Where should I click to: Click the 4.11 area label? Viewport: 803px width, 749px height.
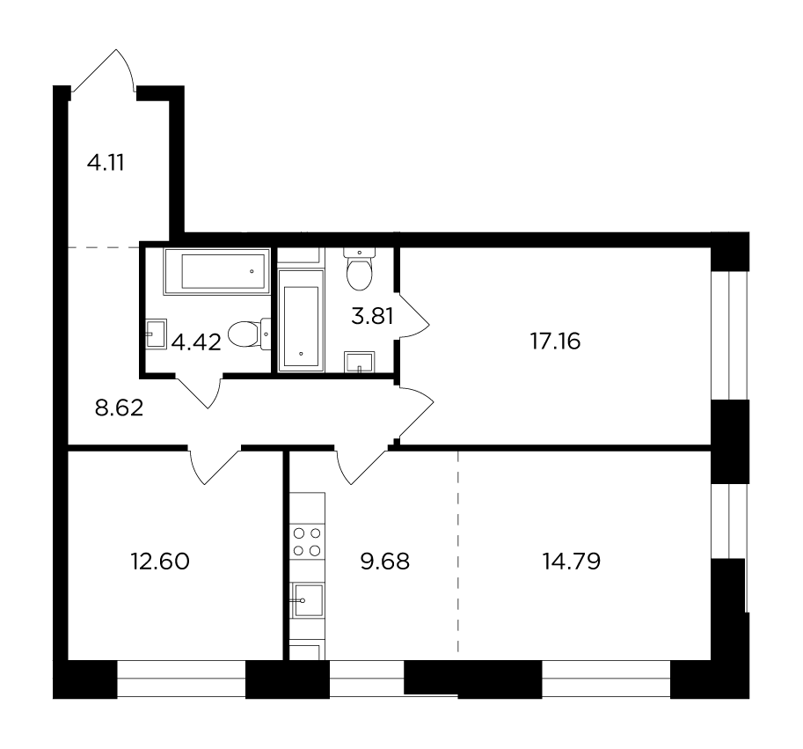click(x=106, y=163)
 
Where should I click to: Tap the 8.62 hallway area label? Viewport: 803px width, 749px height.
click(x=120, y=408)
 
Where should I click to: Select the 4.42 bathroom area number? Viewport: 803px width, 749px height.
click(x=196, y=342)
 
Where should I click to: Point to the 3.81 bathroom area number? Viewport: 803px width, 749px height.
click(x=372, y=316)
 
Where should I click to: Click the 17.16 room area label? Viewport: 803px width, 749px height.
click(x=556, y=341)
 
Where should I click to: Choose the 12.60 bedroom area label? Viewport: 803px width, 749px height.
click(x=160, y=562)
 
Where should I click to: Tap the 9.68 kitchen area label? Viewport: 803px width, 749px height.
click(x=385, y=562)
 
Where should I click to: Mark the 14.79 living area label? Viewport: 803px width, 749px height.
click(x=572, y=561)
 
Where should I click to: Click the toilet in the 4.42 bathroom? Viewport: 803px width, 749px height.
click(x=249, y=334)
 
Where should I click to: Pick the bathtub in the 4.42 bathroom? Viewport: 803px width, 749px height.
click(x=216, y=271)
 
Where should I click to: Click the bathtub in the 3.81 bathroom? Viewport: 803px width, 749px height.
click(x=301, y=320)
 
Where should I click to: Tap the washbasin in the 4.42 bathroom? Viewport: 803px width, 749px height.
click(x=157, y=334)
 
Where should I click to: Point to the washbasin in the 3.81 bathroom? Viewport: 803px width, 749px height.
click(x=360, y=362)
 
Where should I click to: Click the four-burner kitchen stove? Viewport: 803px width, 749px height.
click(x=307, y=542)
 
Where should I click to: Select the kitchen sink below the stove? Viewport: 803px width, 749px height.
click(x=307, y=600)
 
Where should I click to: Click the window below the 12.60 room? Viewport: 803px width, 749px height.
click(x=181, y=679)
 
